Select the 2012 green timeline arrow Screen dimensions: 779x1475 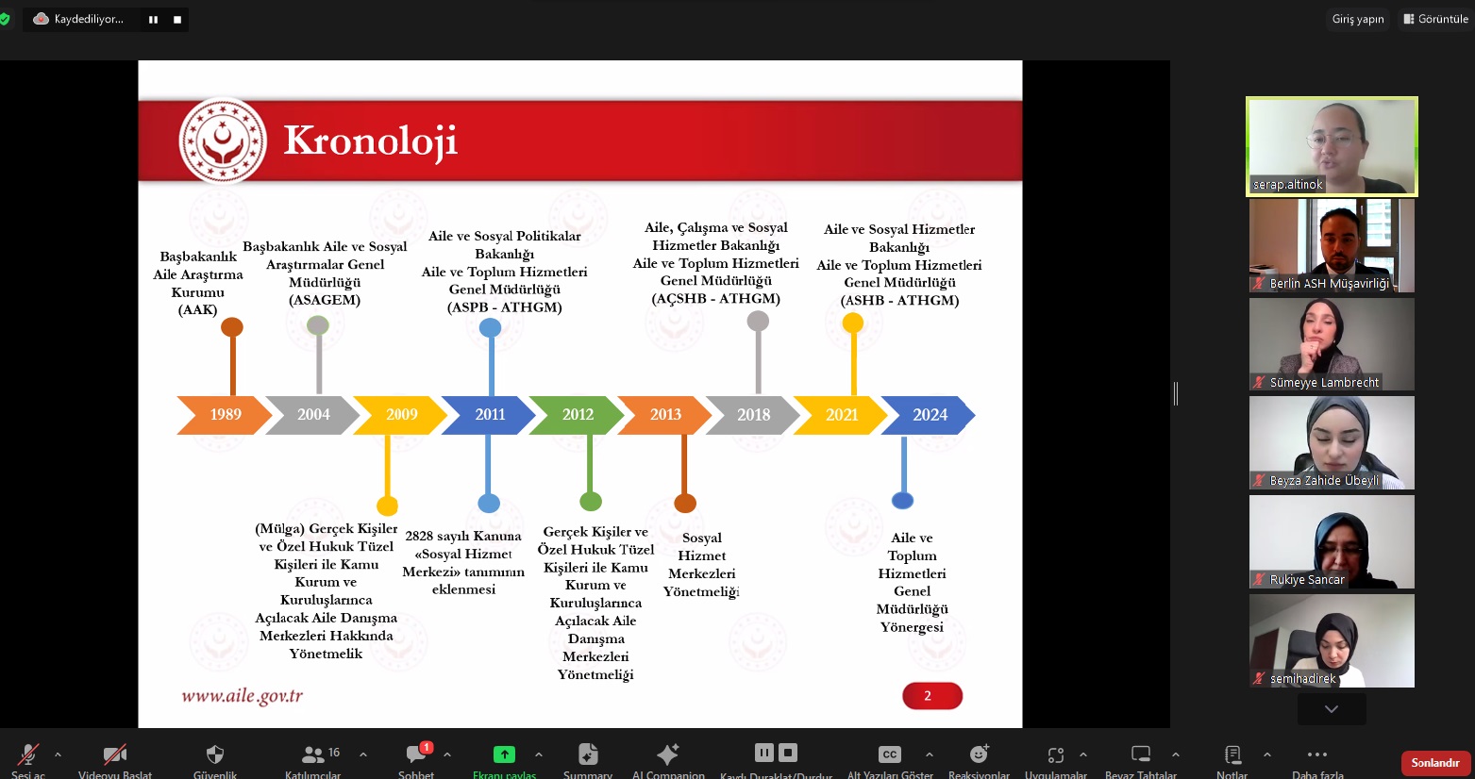click(577, 415)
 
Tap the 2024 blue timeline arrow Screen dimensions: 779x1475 click(929, 415)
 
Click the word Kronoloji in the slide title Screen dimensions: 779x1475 click(370, 141)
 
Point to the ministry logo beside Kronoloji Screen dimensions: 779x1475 click(223, 141)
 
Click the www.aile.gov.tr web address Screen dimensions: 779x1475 click(242, 696)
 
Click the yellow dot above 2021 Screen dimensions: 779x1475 click(853, 323)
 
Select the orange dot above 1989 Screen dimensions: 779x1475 click(232, 327)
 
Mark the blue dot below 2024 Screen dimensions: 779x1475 click(902, 501)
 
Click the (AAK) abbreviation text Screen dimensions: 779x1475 click(197, 309)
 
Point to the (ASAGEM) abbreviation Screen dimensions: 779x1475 click(325, 300)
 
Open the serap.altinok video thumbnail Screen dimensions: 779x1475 click(1332, 146)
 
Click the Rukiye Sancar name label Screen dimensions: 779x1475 click(1306, 580)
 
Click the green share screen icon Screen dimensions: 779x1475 click(504, 754)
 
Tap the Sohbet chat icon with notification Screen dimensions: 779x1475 click(416, 754)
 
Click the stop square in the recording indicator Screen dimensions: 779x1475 click(177, 19)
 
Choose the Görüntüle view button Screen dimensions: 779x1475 click(1435, 19)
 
